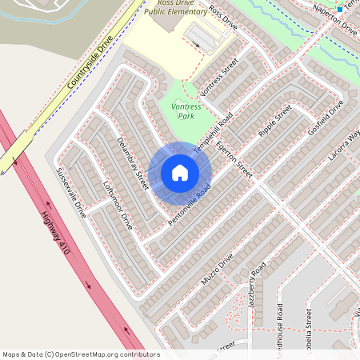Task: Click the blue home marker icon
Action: (180, 173)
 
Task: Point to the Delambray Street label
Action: (133, 164)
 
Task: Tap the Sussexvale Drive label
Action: (70, 192)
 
